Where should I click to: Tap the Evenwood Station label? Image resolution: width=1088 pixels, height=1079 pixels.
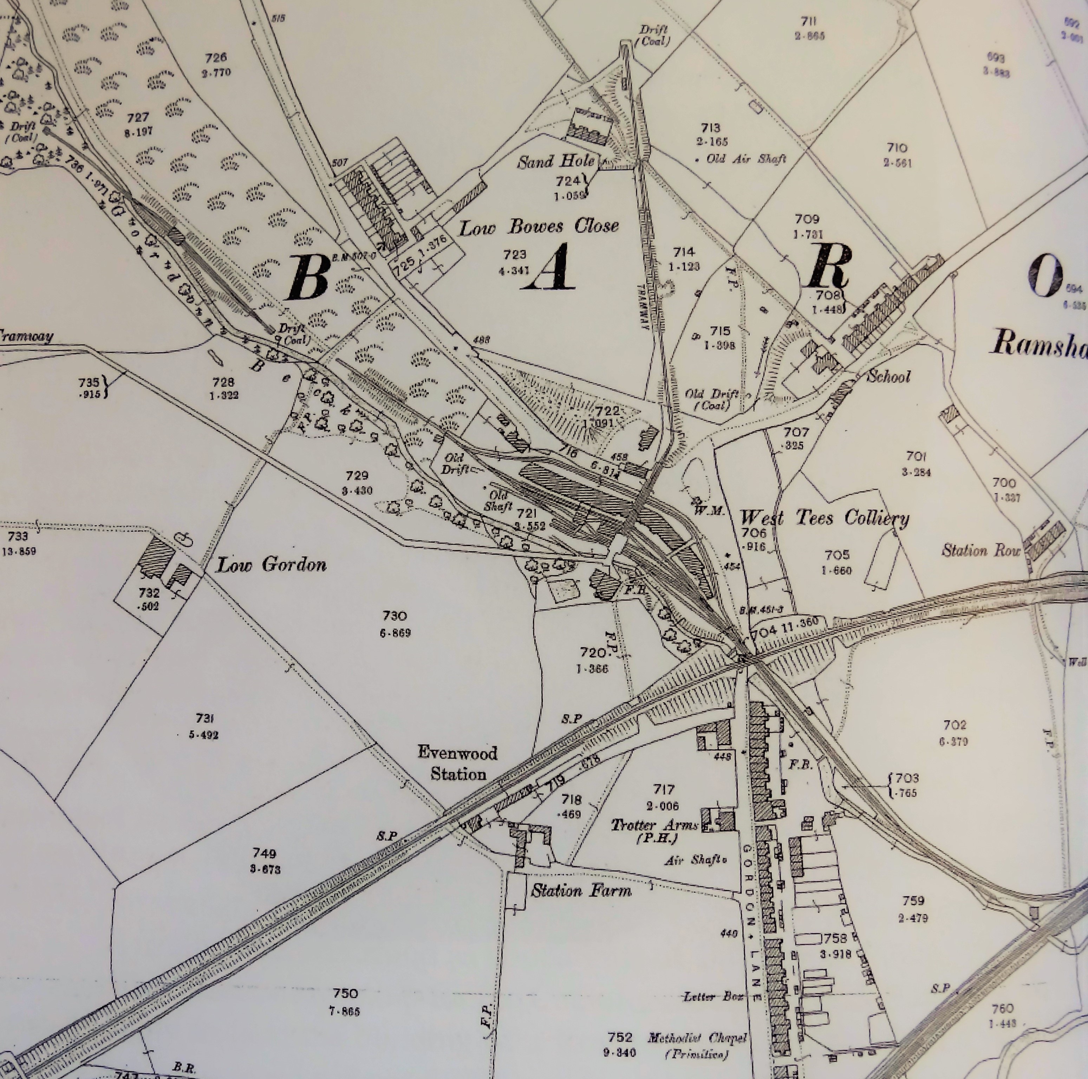[x=458, y=763]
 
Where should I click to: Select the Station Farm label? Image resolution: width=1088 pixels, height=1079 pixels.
[x=581, y=890]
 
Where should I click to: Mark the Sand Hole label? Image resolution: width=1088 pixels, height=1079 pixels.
[x=556, y=162]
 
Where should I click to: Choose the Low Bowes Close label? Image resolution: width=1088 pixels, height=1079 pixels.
[x=539, y=227]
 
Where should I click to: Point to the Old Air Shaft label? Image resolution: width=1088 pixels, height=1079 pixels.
[x=742, y=160]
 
